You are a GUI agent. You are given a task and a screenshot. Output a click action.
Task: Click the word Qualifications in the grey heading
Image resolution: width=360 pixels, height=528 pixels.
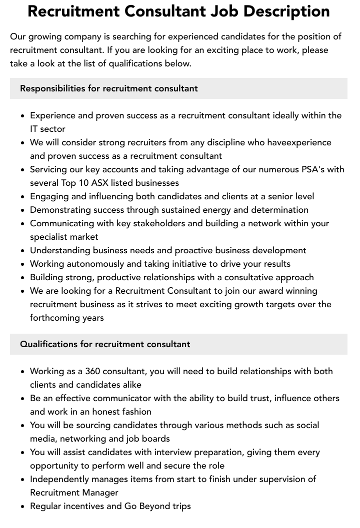pyautogui.click(x=49, y=344)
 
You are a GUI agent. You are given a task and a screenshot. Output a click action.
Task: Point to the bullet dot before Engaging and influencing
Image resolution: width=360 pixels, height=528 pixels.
pyautogui.click(x=23, y=197)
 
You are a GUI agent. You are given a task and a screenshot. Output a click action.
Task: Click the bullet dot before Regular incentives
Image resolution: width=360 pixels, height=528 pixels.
pyautogui.click(x=23, y=507)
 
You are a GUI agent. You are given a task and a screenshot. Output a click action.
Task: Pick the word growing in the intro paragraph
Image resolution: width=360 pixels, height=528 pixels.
pyautogui.click(x=45, y=36)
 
